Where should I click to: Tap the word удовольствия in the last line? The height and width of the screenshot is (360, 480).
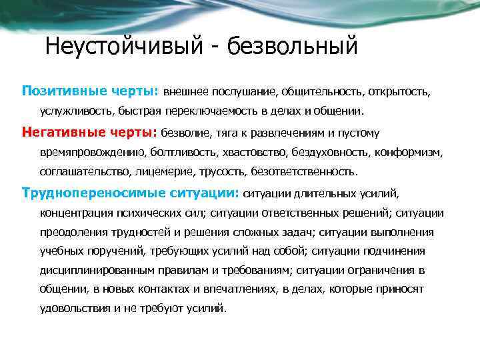(75, 309)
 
